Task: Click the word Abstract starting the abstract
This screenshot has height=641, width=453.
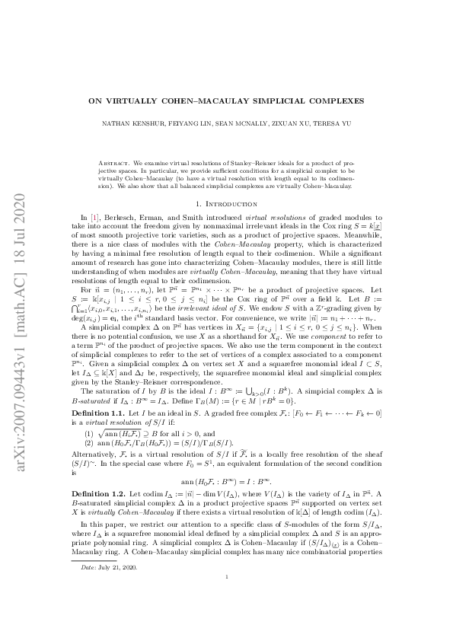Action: (115, 164)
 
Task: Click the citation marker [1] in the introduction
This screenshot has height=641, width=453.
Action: (95, 217)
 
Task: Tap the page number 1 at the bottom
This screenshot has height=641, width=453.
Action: (227, 620)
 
